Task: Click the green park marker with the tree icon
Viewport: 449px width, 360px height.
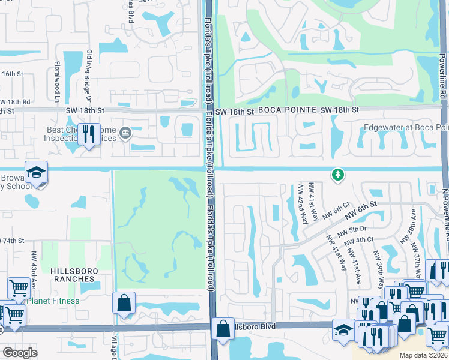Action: (x=339, y=175)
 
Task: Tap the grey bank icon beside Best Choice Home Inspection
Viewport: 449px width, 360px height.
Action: (x=125, y=133)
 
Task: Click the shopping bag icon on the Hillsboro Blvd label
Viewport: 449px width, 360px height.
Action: (x=223, y=329)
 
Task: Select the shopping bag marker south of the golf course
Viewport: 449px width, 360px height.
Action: (x=124, y=304)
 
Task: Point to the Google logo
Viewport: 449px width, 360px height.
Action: (x=20, y=353)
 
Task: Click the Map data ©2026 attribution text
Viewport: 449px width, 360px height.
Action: (x=423, y=355)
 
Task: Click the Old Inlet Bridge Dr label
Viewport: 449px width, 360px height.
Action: (x=89, y=74)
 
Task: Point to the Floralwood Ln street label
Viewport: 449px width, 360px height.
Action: (x=58, y=83)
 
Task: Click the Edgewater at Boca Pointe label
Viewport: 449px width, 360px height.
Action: (x=406, y=128)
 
